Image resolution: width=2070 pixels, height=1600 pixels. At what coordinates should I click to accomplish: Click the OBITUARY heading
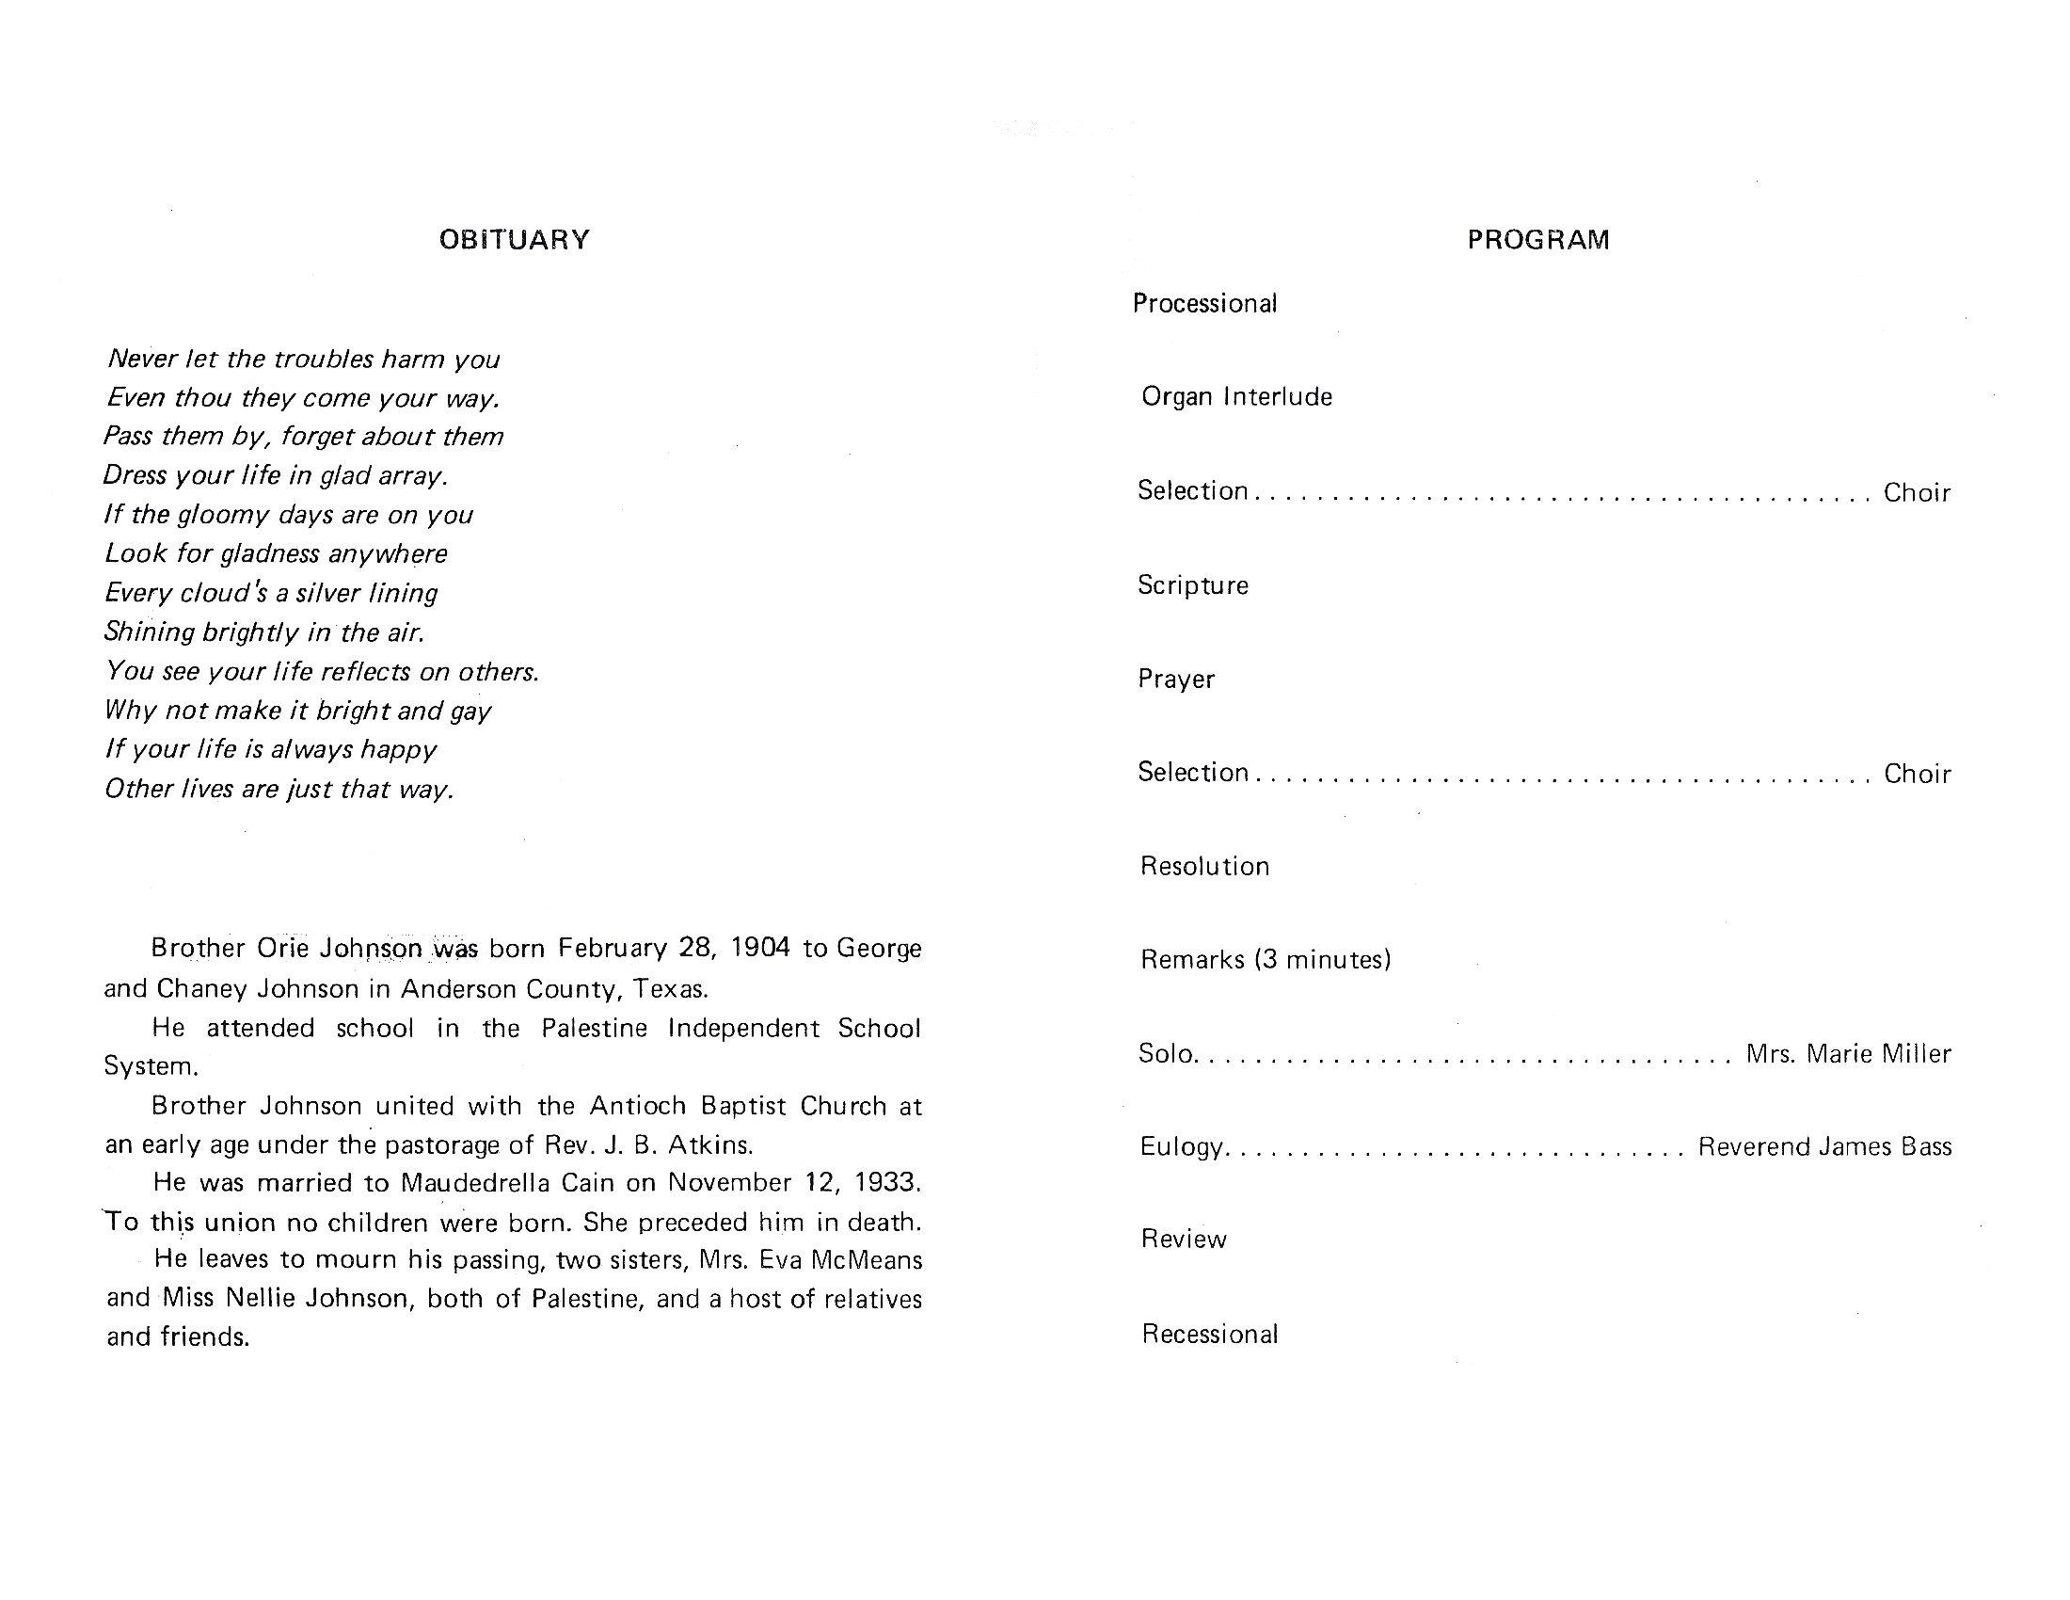click(x=514, y=240)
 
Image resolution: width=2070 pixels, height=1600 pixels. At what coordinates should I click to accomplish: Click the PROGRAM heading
click(x=1537, y=240)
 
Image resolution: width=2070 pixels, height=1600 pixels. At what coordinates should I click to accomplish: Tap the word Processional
click(x=1204, y=303)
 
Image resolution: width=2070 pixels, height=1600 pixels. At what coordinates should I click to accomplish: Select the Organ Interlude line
click(x=1236, y=396)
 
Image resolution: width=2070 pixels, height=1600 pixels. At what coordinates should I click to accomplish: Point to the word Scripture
click(x=1192, y=584)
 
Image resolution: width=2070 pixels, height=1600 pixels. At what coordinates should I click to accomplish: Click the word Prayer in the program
click(x=1176, y=679)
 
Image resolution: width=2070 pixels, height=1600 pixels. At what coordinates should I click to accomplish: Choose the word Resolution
click(x=1203, y=865)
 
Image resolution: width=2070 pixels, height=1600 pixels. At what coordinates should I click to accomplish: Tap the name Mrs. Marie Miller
click(x=1847, y=1053)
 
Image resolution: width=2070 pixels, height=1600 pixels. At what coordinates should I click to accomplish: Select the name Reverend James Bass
click(x=1824, y=1147)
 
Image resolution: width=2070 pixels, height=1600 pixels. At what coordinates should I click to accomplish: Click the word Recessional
click(x=1209, y=1334)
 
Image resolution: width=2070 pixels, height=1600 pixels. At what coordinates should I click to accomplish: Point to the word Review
click(x=1183, y=1239)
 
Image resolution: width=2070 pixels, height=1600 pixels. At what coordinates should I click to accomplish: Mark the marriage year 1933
click(x=887, y=1182)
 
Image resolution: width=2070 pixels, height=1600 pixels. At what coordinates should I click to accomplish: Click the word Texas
click(x=670, y=988)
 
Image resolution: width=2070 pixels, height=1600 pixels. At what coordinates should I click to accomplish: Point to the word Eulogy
click(x=1181, y=1147)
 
